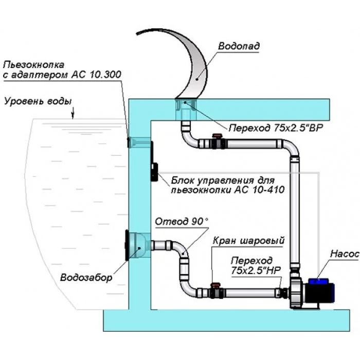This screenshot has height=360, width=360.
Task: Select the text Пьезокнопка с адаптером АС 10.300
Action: click(x=62, y=70)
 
